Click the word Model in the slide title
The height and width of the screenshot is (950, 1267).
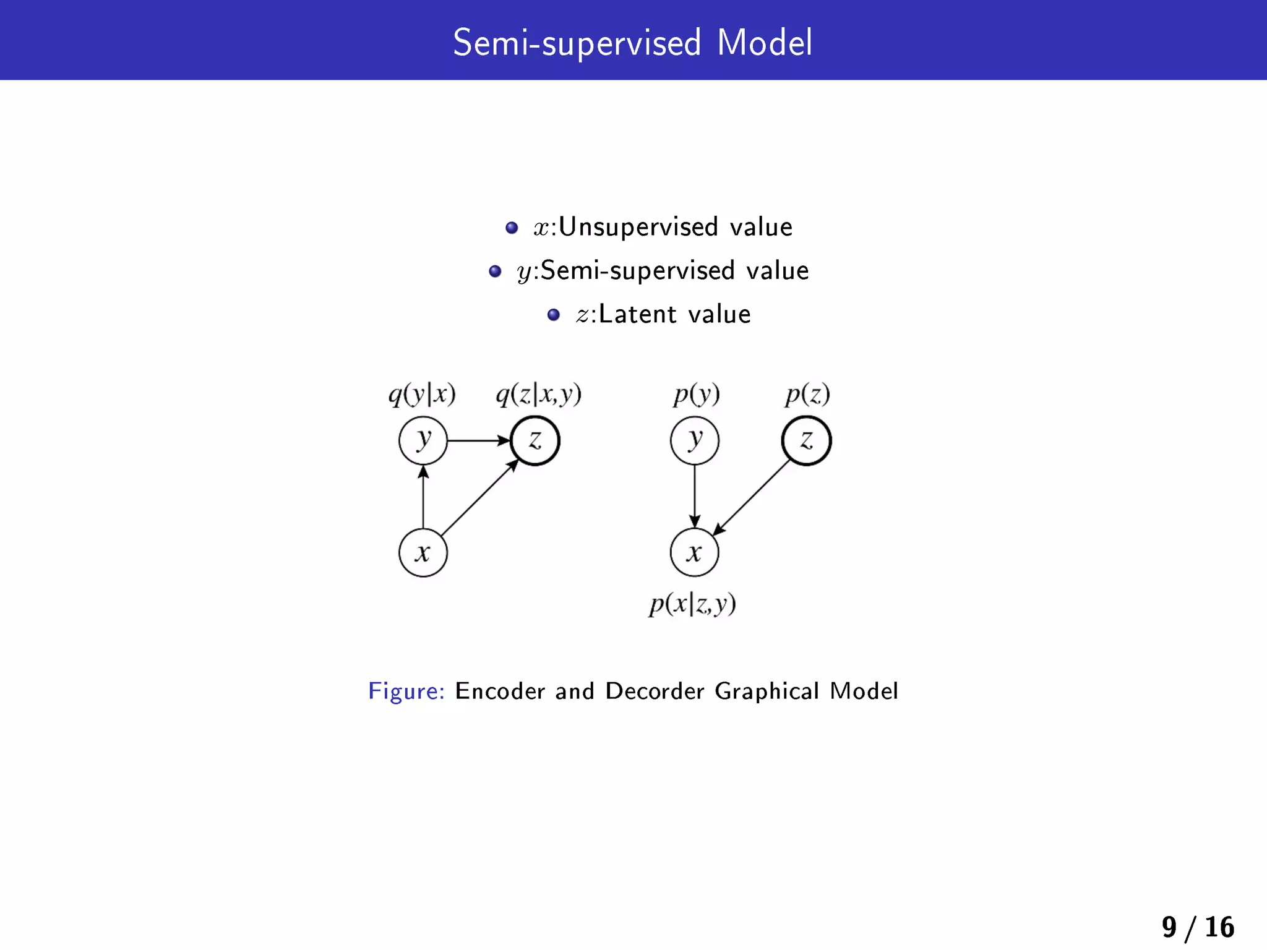tap(764, 43)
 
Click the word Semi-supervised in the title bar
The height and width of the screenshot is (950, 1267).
tap(577, 43)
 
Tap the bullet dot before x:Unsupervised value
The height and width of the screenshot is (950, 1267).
tap(511, 228)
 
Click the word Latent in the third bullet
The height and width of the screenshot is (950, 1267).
tap(637, 314)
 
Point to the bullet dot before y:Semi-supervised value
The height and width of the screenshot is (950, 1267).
tap(494, 271)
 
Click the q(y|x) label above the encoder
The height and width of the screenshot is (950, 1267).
tap(422, 394)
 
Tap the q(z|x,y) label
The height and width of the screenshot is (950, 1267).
tap(538, 394)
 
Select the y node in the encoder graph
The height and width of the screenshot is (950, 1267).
tap(423, 440)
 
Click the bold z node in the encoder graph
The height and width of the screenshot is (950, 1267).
tap(535, 440)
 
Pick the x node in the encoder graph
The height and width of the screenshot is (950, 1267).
tap(423, 552)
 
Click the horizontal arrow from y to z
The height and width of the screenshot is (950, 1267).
tap(478, 440)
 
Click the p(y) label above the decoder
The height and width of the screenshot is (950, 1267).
tap(697, 394)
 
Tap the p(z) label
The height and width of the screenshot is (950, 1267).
tap(807, 394)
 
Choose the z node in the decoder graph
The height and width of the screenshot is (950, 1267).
tap(806, 440)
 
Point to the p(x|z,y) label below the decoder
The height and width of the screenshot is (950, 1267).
tap(692, 604)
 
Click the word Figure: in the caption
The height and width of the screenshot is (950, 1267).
tap(406, 691)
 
